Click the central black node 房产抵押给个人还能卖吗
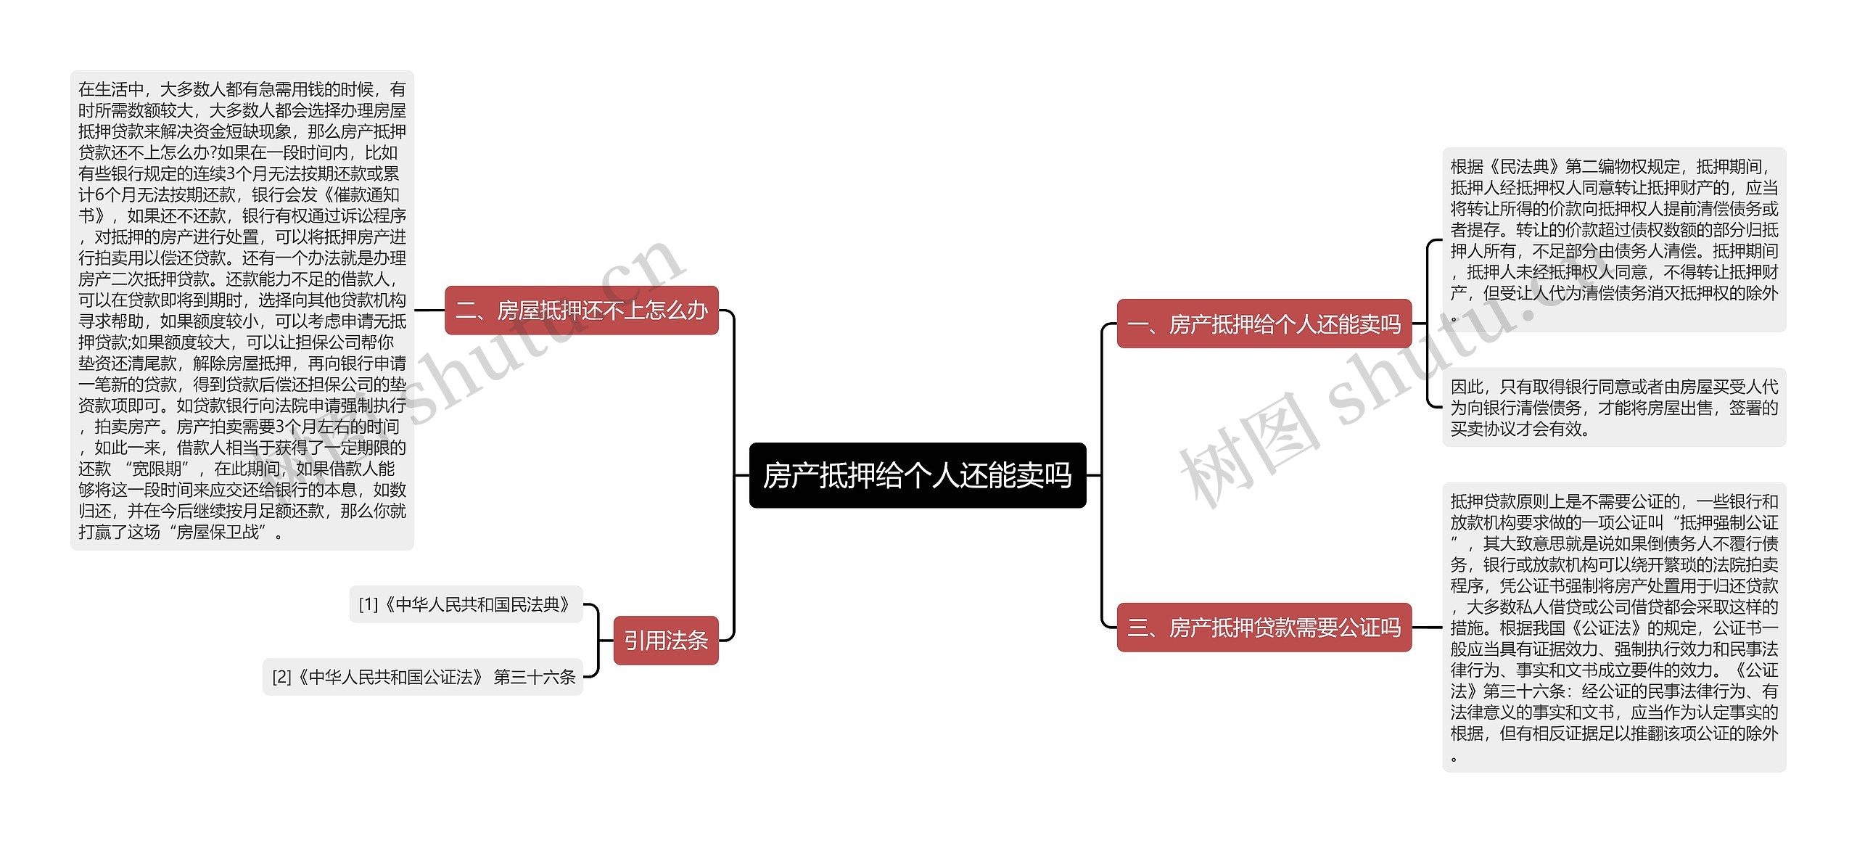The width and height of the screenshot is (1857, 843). pos(917,475)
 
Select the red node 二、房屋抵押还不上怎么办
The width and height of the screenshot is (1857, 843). pos(581,311)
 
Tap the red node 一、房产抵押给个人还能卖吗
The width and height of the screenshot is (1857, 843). pos(1264,324)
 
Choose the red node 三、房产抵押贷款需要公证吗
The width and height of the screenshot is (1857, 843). pos(1264,628)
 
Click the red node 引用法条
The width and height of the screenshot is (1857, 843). pos(665,641)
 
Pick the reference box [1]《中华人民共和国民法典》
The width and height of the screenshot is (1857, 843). pos(466,604)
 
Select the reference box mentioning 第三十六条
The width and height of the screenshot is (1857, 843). pos(423,677)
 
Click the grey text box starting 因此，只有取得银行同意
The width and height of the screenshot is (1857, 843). pos(1613,408)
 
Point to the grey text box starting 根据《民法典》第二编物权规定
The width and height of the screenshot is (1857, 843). pos(1613,240)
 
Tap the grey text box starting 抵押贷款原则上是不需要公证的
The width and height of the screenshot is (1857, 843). pos(1613,628)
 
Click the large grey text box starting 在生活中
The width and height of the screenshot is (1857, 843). pos(242,311)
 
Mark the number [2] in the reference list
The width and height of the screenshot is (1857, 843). pos(281,678)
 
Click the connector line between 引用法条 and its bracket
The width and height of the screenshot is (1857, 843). pos(606,641)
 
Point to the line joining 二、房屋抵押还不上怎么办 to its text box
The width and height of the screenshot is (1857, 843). pos(429,311)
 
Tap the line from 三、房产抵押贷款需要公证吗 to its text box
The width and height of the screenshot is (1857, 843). pos(1426,628)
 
